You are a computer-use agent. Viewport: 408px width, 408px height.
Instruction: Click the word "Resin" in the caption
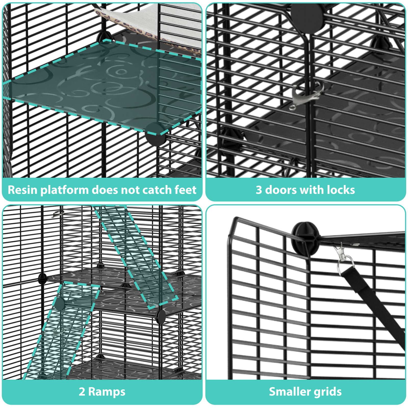(x=22, y=190)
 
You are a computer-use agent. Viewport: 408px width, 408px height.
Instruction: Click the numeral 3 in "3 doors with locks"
(x=259, y=190)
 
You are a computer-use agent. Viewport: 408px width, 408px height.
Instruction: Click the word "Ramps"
(x=107, y=392)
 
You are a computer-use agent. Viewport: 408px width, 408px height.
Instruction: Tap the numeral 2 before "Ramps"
(x=82, y=392)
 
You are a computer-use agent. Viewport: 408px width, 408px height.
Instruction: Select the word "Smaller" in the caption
(x=289, y=392)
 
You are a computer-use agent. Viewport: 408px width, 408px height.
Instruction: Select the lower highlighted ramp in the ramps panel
(x=64, y=331)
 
